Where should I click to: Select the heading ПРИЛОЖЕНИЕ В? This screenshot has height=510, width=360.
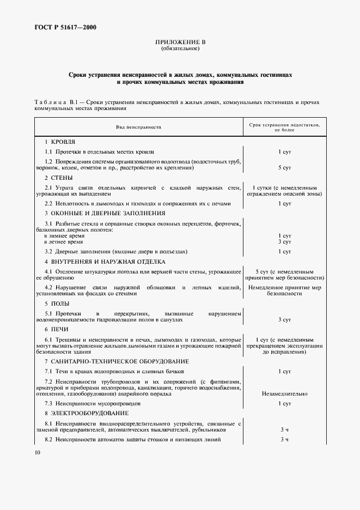coord(180,42)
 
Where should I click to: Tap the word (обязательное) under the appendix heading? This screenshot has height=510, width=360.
coord(180,48)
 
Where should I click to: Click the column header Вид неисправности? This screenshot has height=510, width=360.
coord(138,126)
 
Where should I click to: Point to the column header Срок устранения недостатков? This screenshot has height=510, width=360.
coord(284,127)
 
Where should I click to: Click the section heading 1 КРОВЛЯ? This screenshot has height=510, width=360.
coord(60,142)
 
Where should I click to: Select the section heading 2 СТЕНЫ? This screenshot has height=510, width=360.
coord(59,178)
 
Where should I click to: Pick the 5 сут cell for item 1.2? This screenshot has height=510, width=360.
coord(284,168)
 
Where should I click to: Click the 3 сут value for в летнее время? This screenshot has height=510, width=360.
coord(284,241)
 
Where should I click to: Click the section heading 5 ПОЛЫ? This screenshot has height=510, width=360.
coord(57,303)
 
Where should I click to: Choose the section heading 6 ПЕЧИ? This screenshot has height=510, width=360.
coord(56,330)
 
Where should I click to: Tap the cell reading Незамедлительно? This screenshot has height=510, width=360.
coord(284,393)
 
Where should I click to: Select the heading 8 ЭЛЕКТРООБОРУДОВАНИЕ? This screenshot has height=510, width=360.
coord(83,414)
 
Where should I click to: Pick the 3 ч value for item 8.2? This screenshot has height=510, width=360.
coord(284,439)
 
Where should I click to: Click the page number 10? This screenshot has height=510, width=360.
coord(37,453)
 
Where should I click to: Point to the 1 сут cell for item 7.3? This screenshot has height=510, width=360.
coord(284,404)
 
